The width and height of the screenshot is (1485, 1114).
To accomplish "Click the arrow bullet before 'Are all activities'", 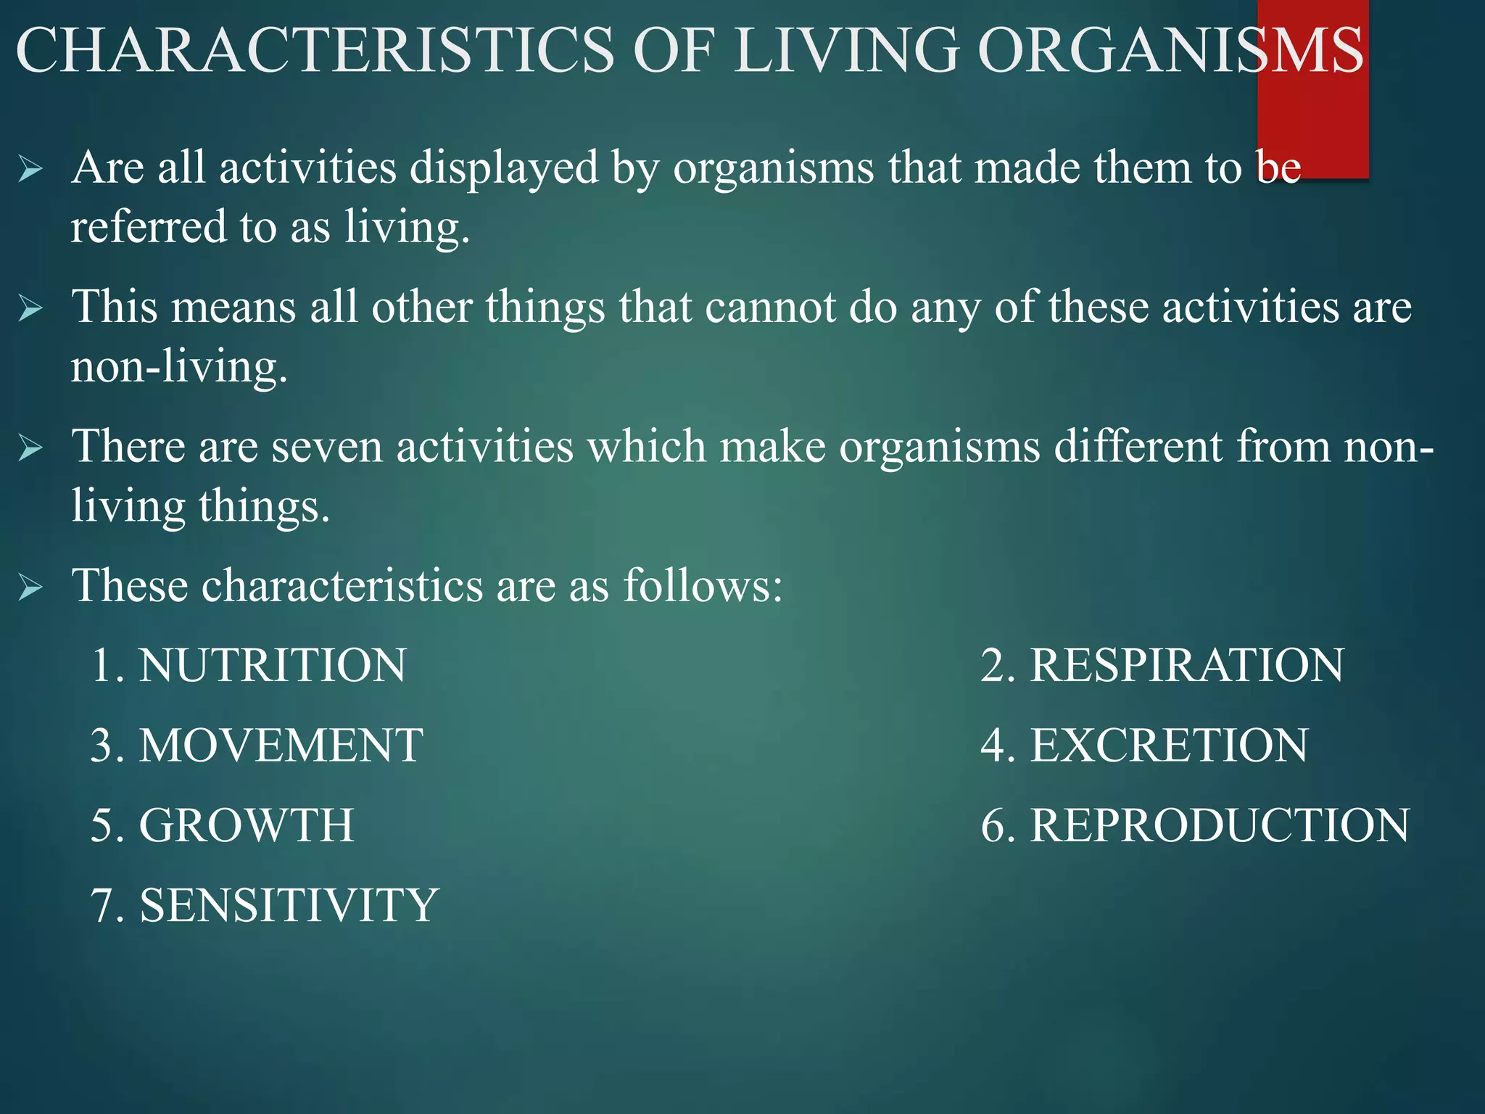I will click(x=31, y=170).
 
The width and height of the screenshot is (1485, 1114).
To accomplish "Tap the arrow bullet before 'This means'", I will click(x=31, y=309).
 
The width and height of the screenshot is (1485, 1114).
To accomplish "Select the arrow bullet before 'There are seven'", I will click(x=31, y=448).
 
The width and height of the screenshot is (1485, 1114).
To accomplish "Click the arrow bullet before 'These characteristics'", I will click(x=31, y=586).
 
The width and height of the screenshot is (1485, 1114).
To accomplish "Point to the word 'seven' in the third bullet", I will click(x=327, y=447).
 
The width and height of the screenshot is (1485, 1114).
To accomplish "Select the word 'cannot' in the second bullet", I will click(x=770, y=308).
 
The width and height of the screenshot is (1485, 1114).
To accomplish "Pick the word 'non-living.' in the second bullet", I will click(x=179, y=366).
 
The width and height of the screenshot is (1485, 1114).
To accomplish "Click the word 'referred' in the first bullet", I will click(x=149, y=227).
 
